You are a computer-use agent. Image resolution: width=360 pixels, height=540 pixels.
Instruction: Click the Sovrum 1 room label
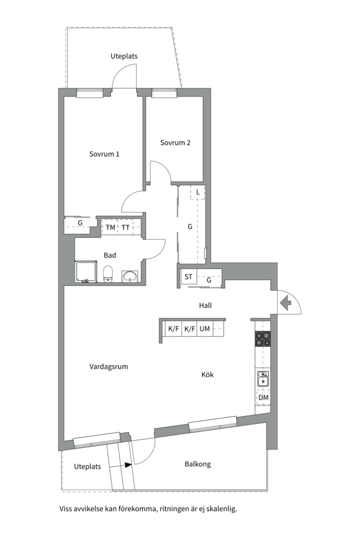click(104, 154)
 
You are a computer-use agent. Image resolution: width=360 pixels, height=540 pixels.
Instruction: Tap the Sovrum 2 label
click(175, 142)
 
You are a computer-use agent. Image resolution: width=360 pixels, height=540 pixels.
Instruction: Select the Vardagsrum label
click(108, 366)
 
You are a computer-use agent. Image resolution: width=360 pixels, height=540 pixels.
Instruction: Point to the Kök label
click(207, 374)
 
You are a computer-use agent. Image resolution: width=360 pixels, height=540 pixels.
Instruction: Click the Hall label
click(205, 305)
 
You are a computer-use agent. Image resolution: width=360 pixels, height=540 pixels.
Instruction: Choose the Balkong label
click(197, 464)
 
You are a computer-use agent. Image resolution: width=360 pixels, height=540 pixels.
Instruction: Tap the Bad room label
click(110, 255)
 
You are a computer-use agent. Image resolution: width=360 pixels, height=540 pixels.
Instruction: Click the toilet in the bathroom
click(107, 273)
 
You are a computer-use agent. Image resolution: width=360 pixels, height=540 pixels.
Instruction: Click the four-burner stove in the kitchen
click(263, 339)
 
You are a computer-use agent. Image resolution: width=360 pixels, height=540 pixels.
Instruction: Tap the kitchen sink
click(263, 378)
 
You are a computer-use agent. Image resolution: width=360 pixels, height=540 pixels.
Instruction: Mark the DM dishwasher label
click(263, 398)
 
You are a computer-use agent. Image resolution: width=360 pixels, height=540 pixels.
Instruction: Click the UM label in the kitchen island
click(204, 329)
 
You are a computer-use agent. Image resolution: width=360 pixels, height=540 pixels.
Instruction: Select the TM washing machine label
click(110, 227)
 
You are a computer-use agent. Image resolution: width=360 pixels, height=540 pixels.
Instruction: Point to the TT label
click(125, 227)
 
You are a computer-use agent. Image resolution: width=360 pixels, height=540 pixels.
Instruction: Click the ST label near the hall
click(188, 276)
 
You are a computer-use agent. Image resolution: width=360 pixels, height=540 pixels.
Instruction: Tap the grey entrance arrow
click(286, 302)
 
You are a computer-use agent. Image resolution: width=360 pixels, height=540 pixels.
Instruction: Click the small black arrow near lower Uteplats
click(128, 464)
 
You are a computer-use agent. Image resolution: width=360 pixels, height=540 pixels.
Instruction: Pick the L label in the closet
click(198, 192)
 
